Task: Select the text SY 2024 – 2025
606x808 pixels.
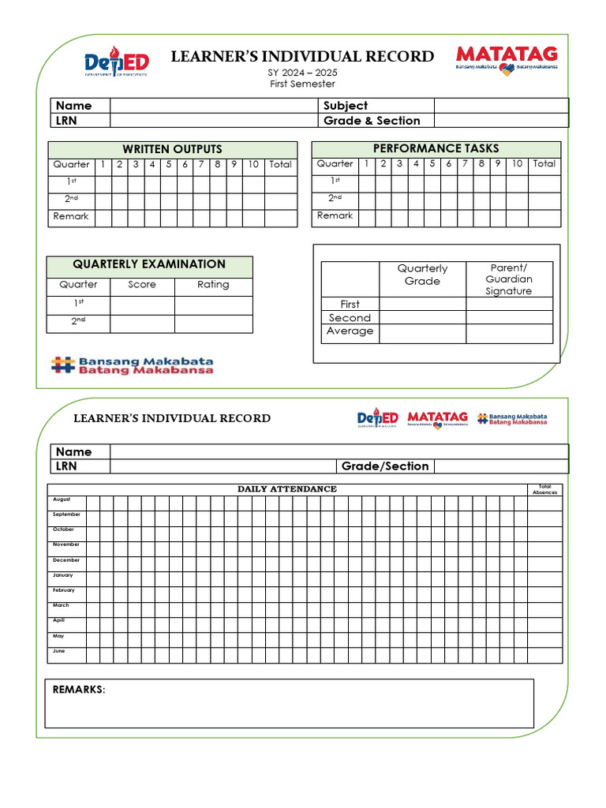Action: (301, 73)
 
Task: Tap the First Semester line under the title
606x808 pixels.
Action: (301, 84)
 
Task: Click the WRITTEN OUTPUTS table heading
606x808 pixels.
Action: (172, 149)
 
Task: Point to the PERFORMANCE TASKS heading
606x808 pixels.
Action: (436, 148)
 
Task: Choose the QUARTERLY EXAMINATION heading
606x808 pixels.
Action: (149, 265)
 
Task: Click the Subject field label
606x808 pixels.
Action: (346, 106)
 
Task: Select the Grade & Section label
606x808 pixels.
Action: (372, 121)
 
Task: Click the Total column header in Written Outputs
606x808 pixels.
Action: (280, 165)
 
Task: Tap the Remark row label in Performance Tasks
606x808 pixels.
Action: (335, 215)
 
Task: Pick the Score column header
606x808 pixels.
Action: (142, 285)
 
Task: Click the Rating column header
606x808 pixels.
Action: (213, 285)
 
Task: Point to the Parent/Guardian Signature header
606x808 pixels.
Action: (509, 279)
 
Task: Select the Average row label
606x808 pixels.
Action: (350, 331)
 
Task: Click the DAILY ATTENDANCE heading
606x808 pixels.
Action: (287, 489)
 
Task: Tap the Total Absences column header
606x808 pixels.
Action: (544, 489)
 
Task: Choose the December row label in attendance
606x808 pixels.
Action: (66, 560)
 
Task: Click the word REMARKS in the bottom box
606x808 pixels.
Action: (78, 690)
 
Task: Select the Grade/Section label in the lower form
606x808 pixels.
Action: (385, 466)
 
